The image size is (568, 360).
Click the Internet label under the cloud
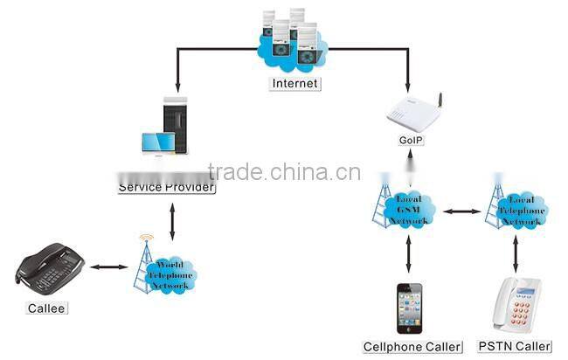pos(294,84)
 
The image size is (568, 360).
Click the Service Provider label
pos(167,187)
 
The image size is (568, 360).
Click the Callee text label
pos(45,308)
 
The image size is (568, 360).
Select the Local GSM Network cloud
pos(408,211)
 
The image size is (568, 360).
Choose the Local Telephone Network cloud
pos(522,211)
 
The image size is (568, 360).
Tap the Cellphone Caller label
pos(412,347)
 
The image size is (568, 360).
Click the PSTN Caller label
pos(516,347)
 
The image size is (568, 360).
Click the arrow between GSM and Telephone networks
pos(464,211)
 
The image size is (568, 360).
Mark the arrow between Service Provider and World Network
pos(172,220)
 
